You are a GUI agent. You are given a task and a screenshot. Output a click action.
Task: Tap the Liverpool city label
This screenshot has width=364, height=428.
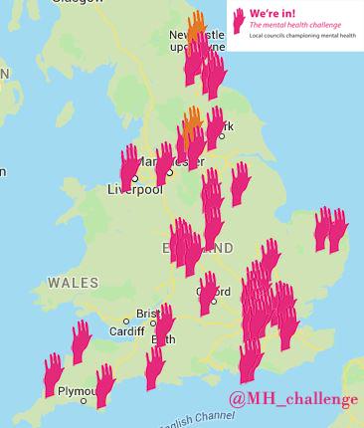pyautogui.click(x=135, y=190)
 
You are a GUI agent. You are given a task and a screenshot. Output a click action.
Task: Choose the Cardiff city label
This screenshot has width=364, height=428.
pyautogui.click(x=127, y=331)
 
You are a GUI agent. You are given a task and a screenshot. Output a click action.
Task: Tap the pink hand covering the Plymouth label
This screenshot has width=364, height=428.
pyautogui.click(x=103, y=385)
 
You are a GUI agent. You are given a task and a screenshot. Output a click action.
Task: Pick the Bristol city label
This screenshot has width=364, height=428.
pyautogui.click(x=148, y=313)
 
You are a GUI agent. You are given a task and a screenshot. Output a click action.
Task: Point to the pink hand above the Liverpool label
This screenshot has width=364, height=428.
pyautogui.click(x=129, y=165)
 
